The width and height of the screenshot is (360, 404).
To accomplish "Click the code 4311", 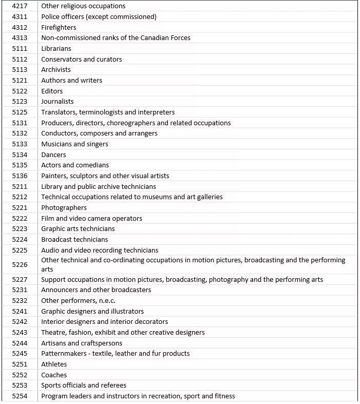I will click(20, 17).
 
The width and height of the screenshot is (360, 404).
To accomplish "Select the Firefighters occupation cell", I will click(59, 27).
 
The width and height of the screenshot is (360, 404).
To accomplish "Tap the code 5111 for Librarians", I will click(20, 49).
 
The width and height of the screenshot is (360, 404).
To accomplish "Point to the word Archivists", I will click(56, 70).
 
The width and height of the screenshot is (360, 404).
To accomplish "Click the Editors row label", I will click(52, 91).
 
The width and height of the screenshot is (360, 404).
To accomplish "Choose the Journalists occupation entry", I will click(58, 102).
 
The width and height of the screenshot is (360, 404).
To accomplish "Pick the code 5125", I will click(20, 112).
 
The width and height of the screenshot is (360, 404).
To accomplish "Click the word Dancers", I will click(53, 155).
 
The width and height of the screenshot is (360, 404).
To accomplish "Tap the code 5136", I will click(20, 176).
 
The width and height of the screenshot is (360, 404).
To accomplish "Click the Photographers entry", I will click(64, 208).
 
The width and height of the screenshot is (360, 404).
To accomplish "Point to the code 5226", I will click(20, 265).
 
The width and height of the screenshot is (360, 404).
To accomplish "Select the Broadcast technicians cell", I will click(74, 240).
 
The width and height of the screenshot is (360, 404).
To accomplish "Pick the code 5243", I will click(20, 333).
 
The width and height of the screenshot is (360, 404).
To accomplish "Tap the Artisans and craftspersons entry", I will click(82, 343).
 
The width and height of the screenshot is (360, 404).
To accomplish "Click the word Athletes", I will click(54, 364).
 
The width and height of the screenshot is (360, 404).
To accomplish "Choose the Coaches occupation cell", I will click(54, 375).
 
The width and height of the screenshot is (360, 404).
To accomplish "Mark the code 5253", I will click(20, 386).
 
